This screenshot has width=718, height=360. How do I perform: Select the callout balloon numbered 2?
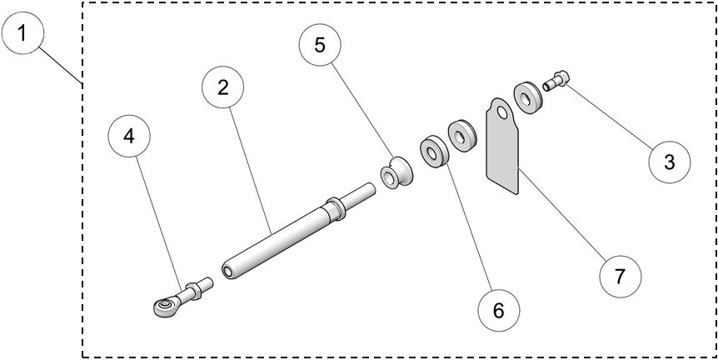coord(223,88)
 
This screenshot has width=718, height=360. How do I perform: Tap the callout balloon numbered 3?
coord(670,162)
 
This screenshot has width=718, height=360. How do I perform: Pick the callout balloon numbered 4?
coord(129,136)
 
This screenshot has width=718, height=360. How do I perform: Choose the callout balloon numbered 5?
coord(320,46)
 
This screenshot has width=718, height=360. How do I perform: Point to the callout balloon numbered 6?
coord(498,309)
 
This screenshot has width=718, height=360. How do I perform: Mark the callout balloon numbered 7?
coord(620,276)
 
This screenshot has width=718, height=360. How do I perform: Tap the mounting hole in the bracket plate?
coord(500,112)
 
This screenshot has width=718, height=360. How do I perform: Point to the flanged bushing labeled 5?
coord(394,173)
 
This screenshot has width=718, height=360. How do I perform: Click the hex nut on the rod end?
coord(192,292)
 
